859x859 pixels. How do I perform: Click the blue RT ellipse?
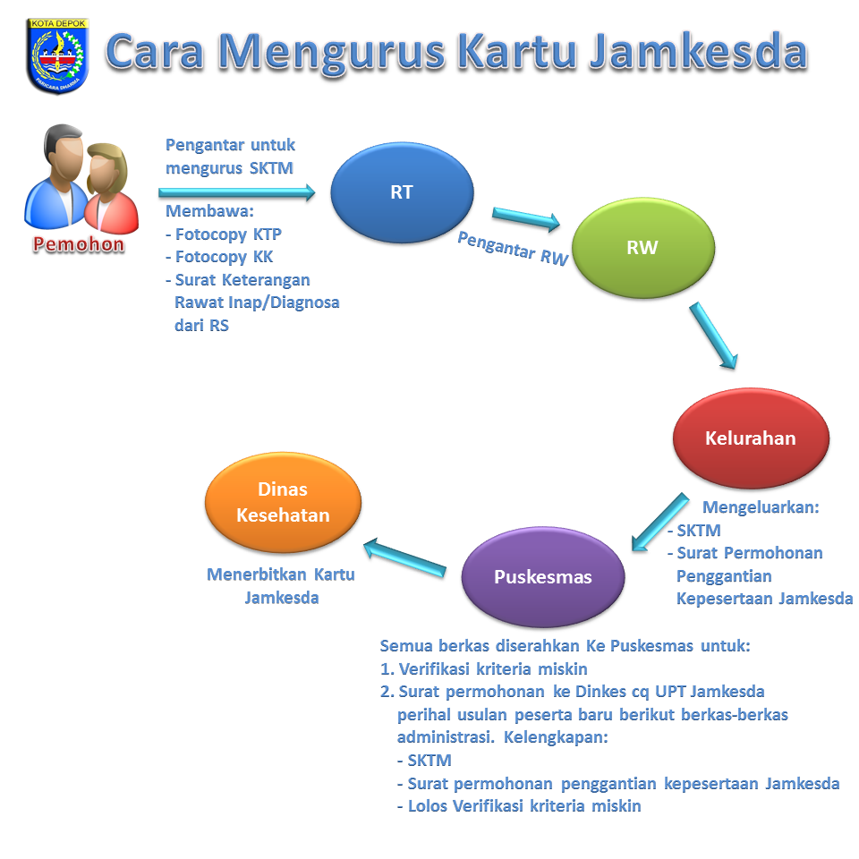coord(402,193)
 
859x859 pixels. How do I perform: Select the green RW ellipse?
coord(642,248)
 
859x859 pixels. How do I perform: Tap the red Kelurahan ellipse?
coord(750,438)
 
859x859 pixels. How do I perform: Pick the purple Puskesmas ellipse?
coord(542,577)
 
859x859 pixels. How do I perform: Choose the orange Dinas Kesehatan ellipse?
coord(283,502)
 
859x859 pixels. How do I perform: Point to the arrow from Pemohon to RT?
coord(237,192)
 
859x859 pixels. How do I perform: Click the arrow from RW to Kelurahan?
coord(713,336)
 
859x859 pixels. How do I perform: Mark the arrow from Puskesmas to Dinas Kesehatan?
coord(404,557)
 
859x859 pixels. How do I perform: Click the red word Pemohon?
coord(79,244)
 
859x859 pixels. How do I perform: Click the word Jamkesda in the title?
coord(698,52)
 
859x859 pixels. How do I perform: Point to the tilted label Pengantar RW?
coord(513,247)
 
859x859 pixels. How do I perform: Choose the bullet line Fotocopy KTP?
coord(224,234)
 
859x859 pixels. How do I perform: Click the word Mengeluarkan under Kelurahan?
coord(761,507)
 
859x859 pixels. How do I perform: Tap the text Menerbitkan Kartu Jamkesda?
coord(281,585)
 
